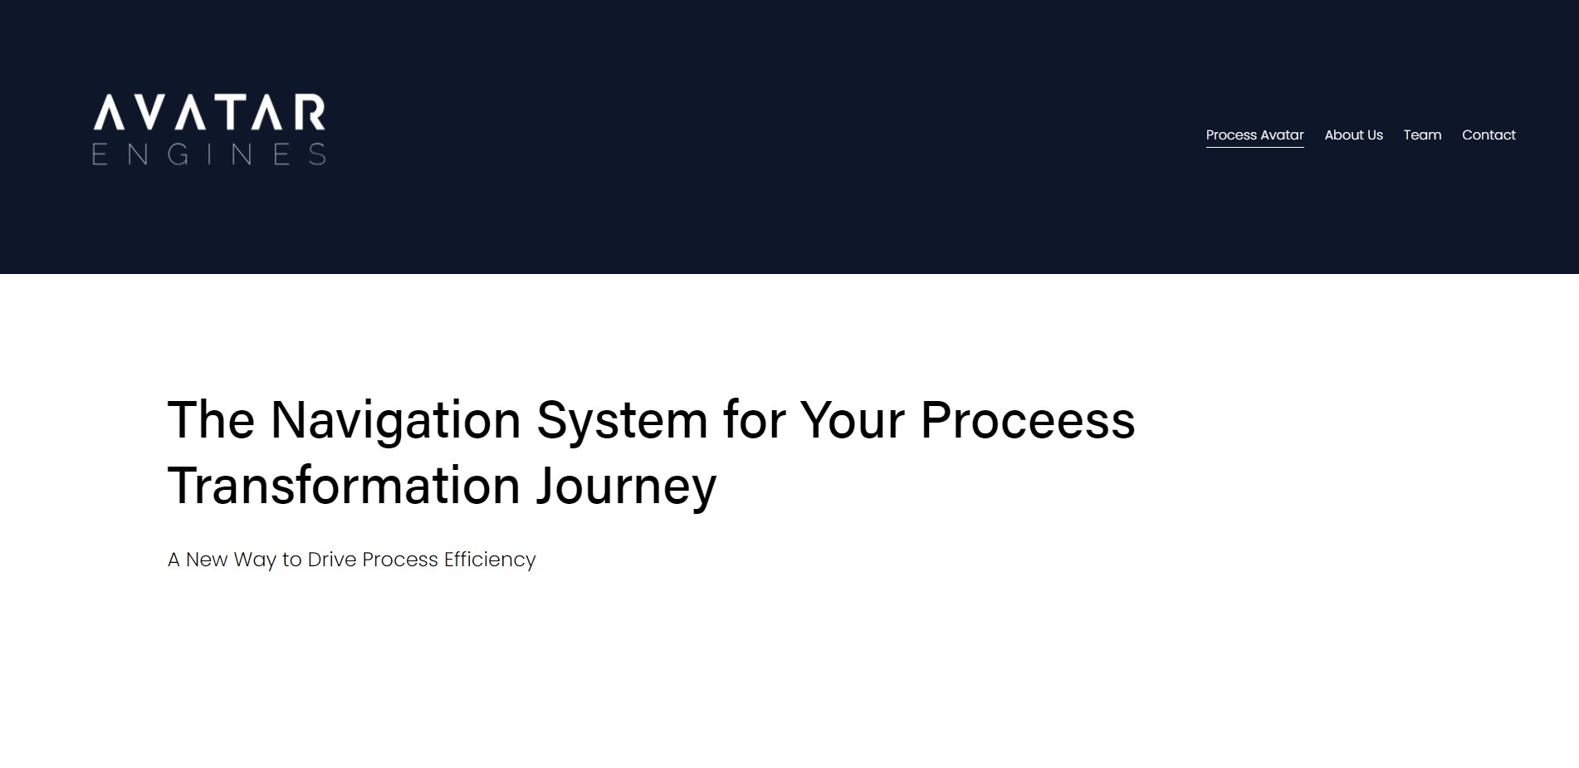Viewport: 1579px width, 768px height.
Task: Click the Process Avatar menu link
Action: tap(1254, 135)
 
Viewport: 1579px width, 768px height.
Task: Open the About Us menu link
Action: tap(1353, 135)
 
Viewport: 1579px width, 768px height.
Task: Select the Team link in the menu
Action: tap(1422, 135)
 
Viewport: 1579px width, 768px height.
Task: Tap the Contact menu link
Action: tap(1489, 135)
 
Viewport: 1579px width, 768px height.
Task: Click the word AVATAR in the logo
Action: tap(209, 112)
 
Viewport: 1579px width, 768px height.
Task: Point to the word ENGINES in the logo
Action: tap(209, 154)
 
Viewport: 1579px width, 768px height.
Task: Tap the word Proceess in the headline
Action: tap(1028, 419)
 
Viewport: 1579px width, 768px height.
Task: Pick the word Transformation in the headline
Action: tap(344, 485)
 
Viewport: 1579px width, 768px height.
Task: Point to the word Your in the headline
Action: tap(852, 419)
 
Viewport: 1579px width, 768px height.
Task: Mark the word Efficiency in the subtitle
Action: tap(490, 560)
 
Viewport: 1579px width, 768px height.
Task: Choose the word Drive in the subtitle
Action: tap(332, 560)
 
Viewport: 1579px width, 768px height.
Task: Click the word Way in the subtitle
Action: tap(255, 560)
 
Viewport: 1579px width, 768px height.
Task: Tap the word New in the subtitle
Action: tap(207, 560)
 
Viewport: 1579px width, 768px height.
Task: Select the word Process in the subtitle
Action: tap(400, 560)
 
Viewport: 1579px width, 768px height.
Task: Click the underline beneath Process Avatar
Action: tap(1254, 147)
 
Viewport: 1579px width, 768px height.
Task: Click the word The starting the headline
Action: tap(211, 419)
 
